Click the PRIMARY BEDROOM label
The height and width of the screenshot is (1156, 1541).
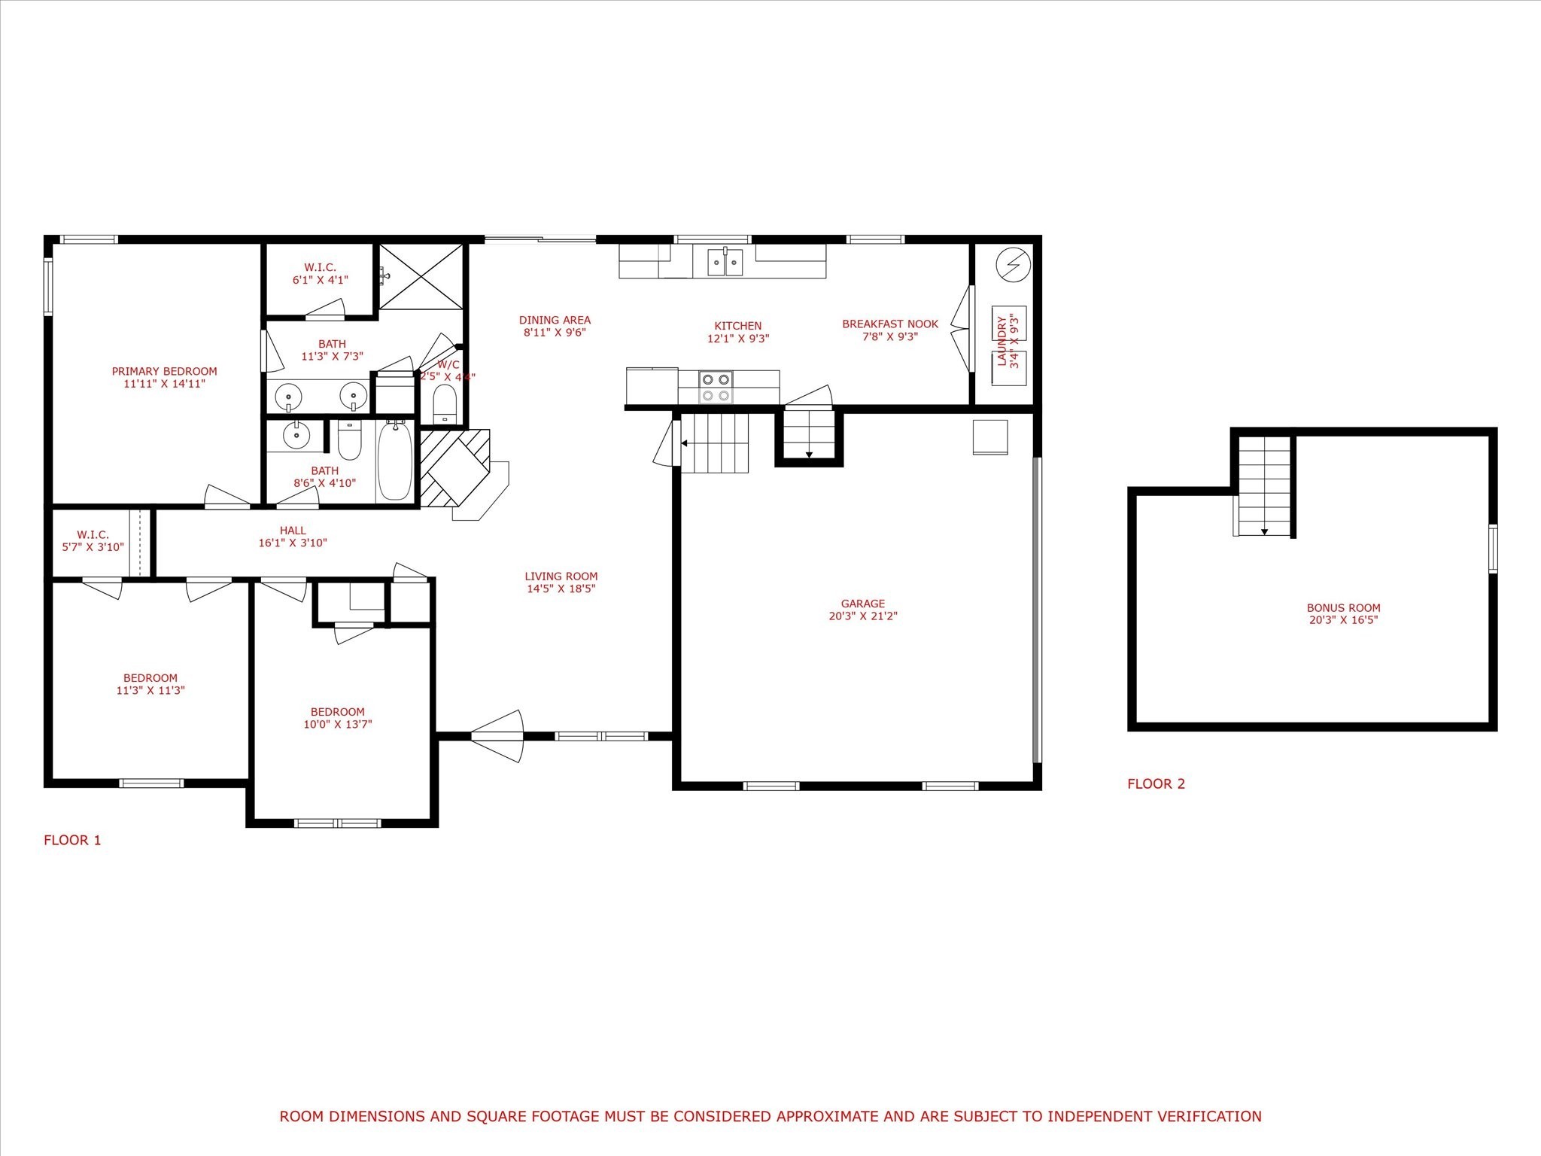164,371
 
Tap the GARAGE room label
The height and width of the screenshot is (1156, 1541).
862,604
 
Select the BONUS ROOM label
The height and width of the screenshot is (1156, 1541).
1343,608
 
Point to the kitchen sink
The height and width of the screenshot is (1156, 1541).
725,262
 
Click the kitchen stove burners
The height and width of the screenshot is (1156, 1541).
716,388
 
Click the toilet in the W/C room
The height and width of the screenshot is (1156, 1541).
445,404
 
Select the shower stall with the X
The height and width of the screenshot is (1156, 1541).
421,275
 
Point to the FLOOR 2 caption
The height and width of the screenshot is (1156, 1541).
1156,783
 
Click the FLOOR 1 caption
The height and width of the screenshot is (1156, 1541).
72,840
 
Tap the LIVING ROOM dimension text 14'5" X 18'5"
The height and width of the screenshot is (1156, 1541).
561,589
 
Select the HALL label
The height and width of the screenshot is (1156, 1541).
293,531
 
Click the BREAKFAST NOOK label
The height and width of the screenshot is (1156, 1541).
890,324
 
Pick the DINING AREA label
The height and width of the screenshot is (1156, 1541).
555,320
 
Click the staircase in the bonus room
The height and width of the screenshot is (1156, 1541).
1265,486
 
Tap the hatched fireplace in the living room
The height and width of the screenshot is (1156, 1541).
455,467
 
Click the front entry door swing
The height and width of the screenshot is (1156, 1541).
497,736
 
